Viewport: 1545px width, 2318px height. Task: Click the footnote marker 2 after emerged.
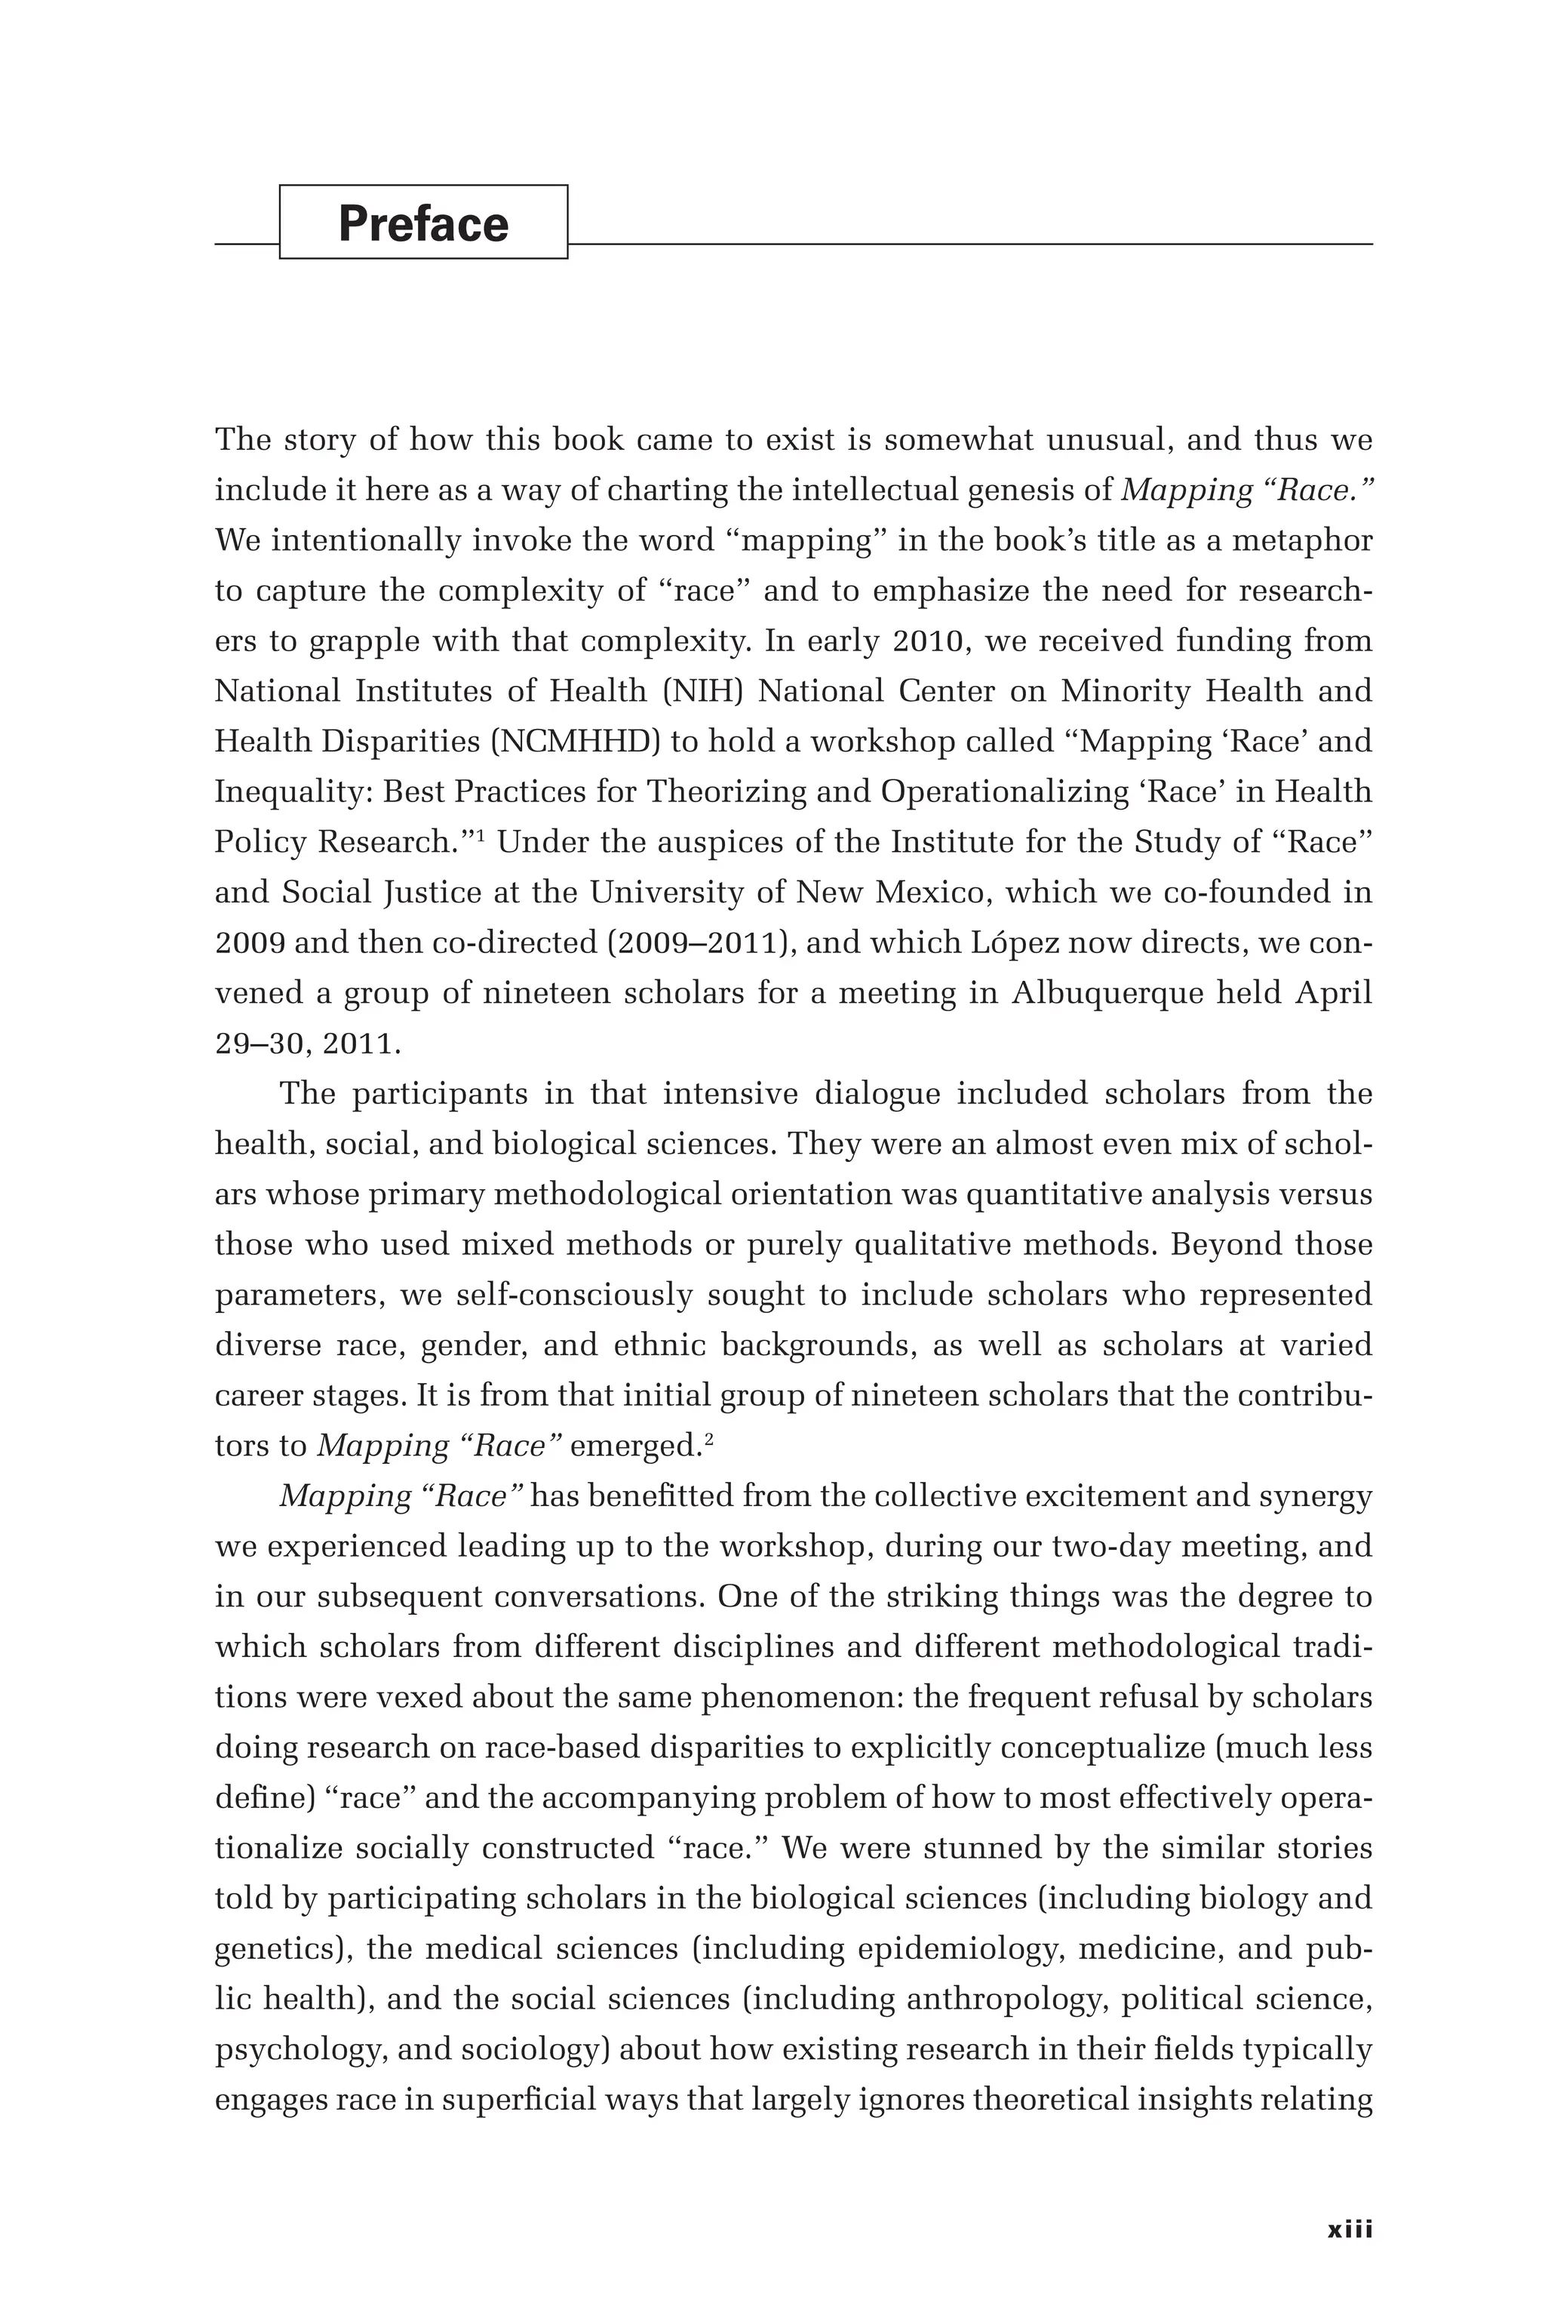709,1439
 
